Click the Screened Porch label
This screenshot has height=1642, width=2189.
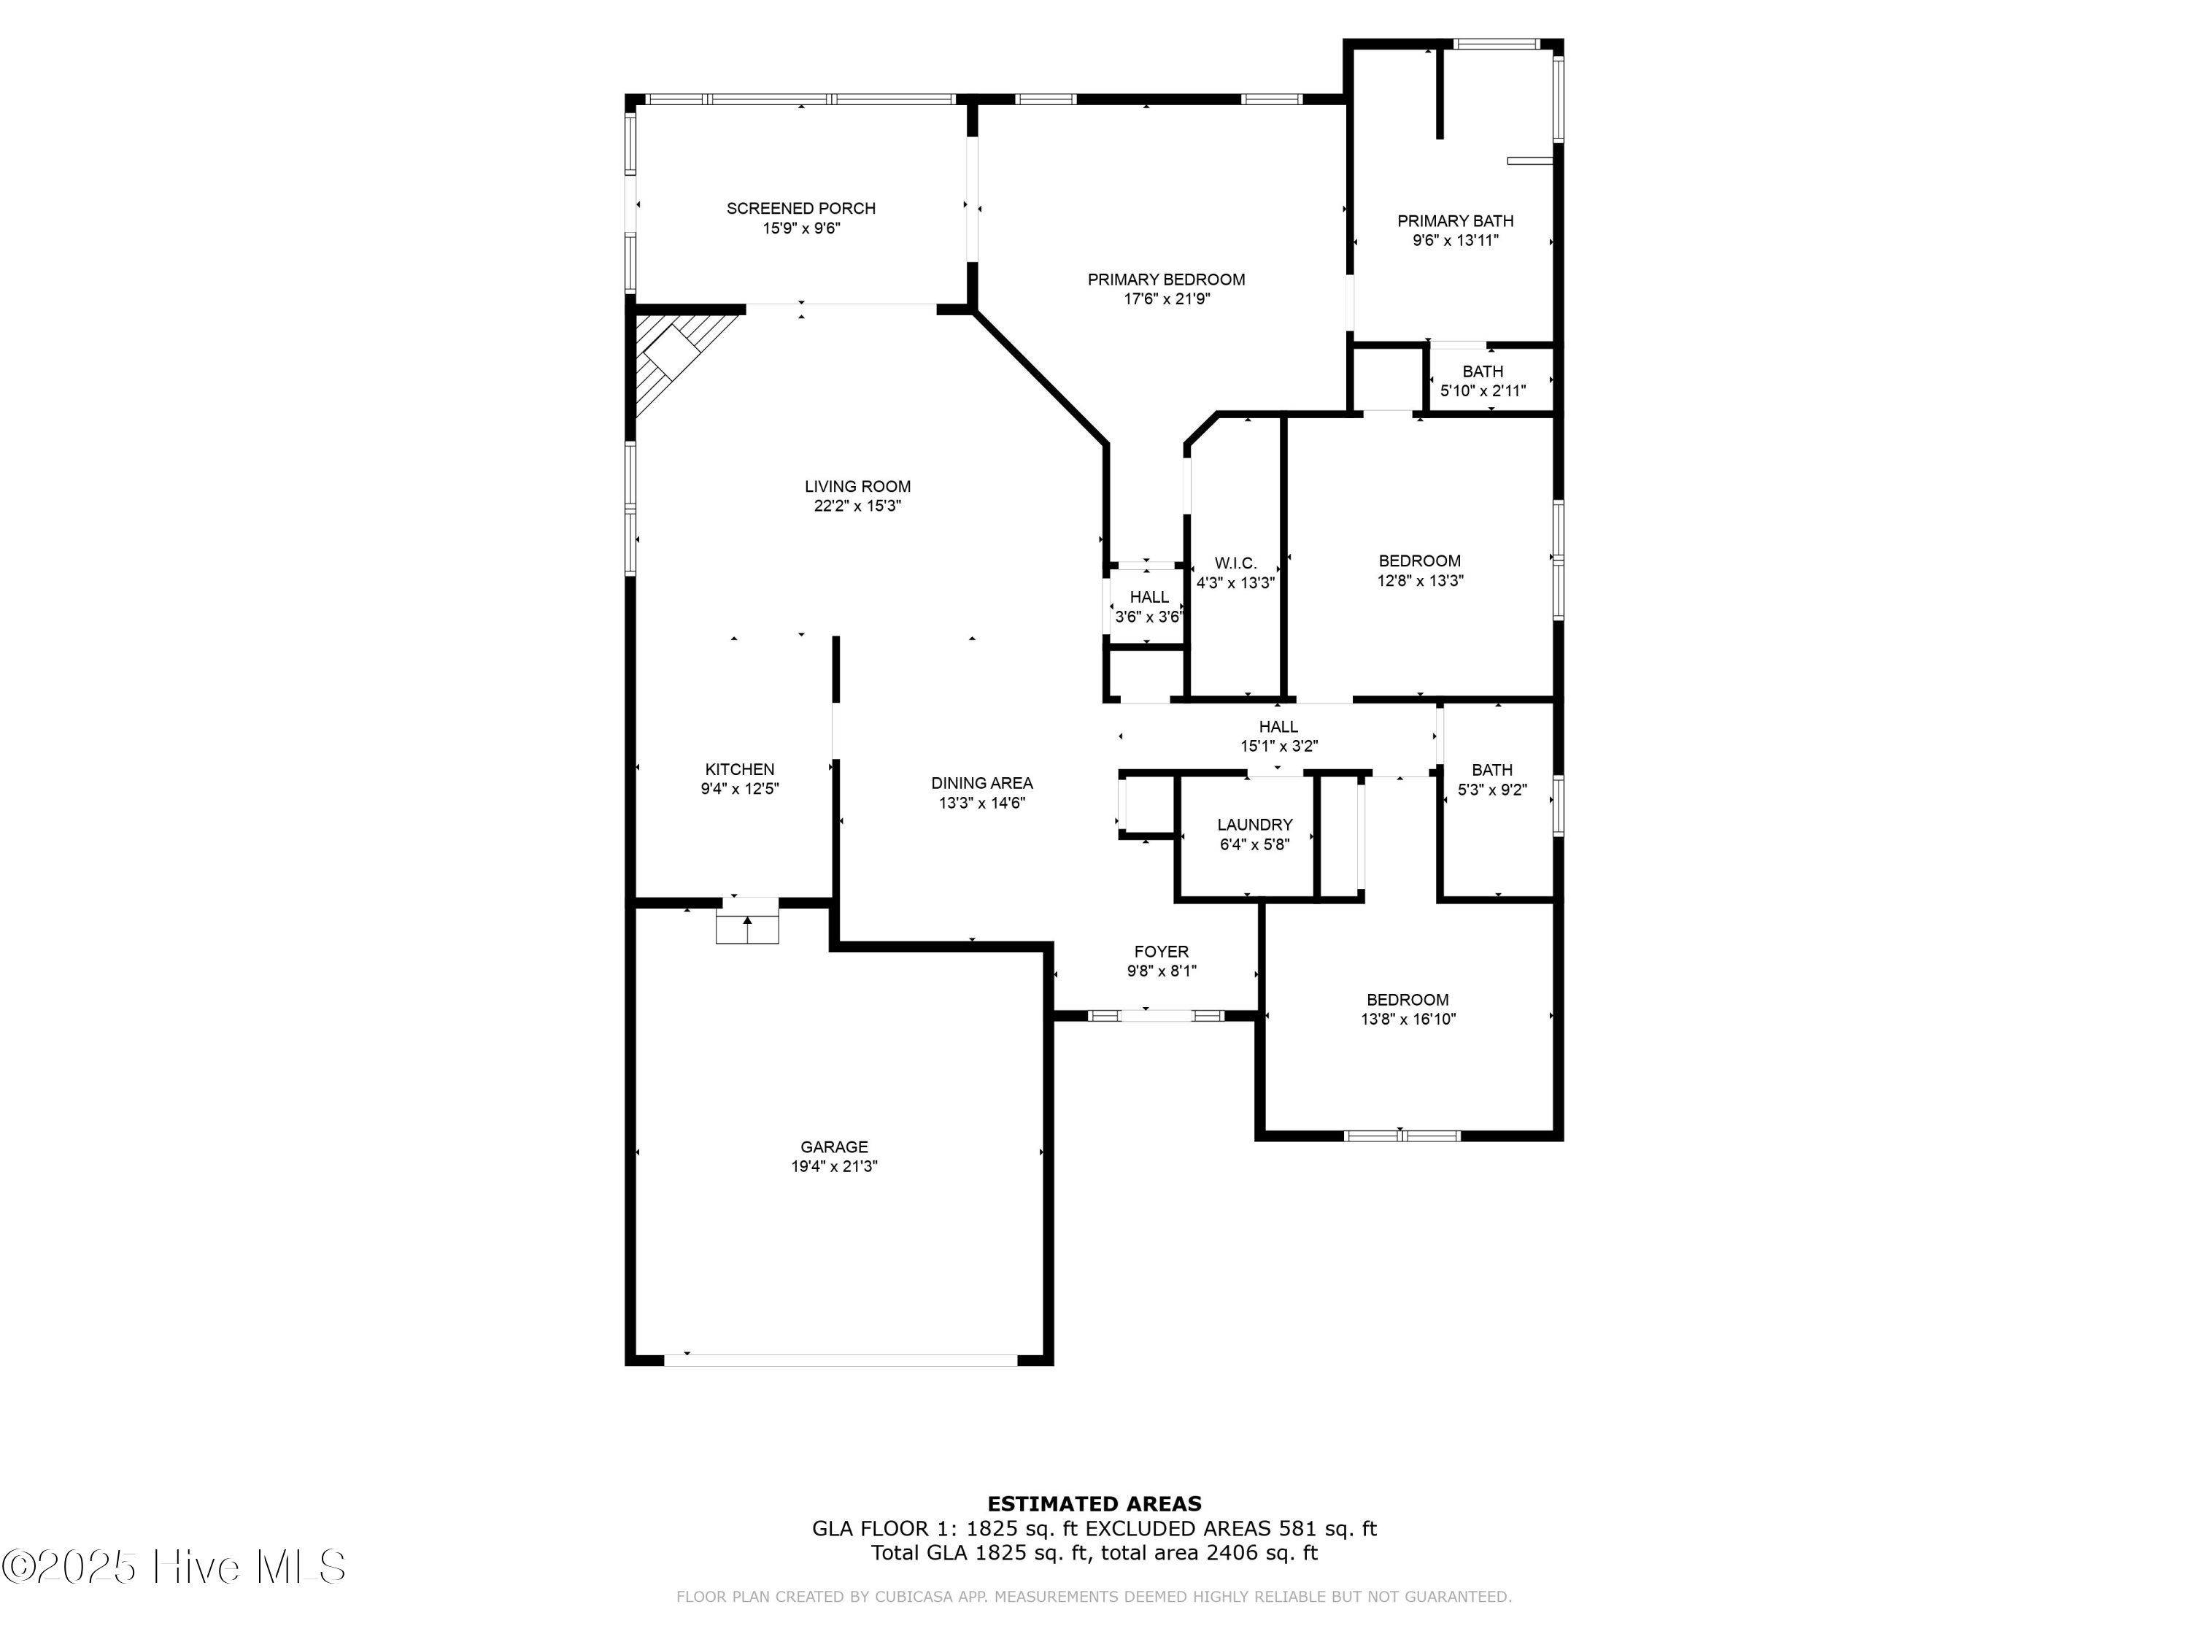coord(800,208)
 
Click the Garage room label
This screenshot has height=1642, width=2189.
coord(834,1147)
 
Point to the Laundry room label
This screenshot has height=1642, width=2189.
coord(1255,825)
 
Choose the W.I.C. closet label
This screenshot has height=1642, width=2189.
coord(1235,563)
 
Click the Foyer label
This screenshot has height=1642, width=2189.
coord(1162,952)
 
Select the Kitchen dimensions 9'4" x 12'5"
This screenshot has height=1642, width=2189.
coord(740,789)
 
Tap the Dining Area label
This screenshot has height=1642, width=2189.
coord(981,783)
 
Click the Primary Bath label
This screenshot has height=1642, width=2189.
coord(1455,220)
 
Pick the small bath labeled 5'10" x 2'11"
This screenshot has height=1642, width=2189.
coord(1483,381)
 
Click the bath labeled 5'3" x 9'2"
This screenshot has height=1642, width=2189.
coord(1491,780)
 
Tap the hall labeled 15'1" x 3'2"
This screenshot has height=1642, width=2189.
coord(1278,736)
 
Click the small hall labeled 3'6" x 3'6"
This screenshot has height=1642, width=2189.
coord(1149,606)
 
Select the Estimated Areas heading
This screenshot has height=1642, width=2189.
coord(1094,1504)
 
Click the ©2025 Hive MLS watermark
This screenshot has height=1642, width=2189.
coord(174,1567)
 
